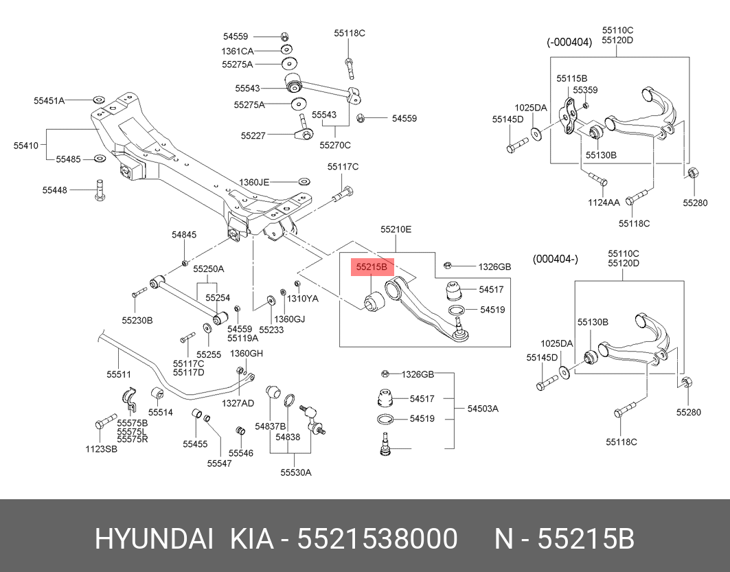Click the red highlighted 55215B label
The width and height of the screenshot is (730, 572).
pyautogui.click(x=371, y=266)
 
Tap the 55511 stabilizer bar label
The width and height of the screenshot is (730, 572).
pyautogui.click(x=118, y=374)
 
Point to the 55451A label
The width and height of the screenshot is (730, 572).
pyautogui.click(x=49, y=100)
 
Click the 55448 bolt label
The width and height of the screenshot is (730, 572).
pyautogui.click(x=55, y=190)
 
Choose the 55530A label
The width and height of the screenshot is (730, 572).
pyautogui.click(x=296, y=472)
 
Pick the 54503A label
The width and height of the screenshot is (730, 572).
pyautogui.click(x=483, y=409)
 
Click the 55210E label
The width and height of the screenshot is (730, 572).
pyautogui.click(x=396, y=229)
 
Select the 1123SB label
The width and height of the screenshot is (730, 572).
pyautogui.click(x=101, y=450)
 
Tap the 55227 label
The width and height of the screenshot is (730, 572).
pyautogui.click(x=253, y=136)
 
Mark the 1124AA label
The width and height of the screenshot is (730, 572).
pyautogui.click(x=603, y=202)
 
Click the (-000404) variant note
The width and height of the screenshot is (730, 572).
pyautogui.click(x=569, y=42)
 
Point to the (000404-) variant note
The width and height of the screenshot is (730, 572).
pyautogui.click(x=556, y=259)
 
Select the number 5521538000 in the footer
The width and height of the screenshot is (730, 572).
pyautogui.click(x=377, y=540)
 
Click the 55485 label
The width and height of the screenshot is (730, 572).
pyautogui.click(x=69, y=159)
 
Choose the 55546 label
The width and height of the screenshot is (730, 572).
pyautogui.click(x=241, y=453)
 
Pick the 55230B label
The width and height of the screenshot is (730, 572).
pyautogui.click(x=137, y=320)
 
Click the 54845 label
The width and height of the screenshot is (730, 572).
pyautogui.click(x=184, y=235)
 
